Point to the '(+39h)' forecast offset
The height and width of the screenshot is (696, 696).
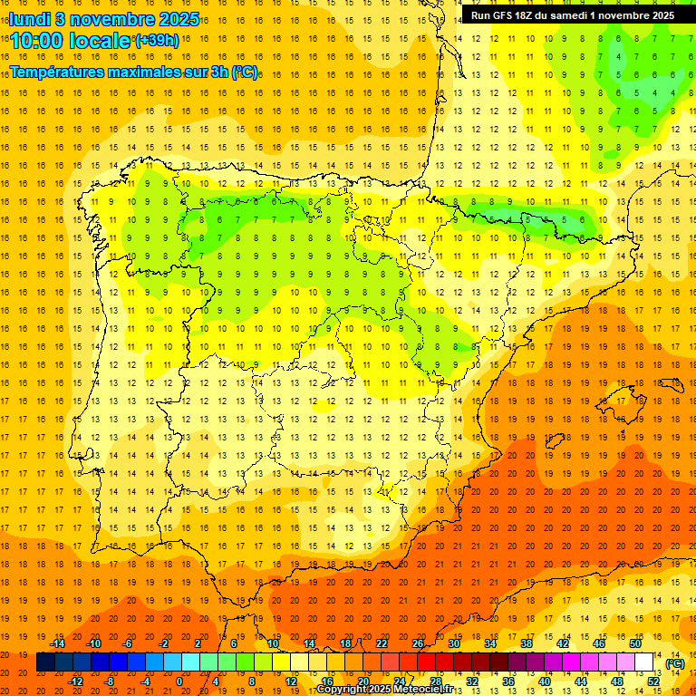[x=157, y=40]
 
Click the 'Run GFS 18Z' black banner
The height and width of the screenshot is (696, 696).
[x=572, y=15]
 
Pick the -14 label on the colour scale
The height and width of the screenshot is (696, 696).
[x=58, y=643]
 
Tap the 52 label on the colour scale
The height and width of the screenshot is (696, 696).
[x=653, y=681]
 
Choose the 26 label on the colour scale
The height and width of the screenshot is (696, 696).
[x=418, y=643]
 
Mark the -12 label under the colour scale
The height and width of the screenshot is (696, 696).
[x=76, y=681]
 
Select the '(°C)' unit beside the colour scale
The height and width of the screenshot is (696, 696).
[x=675, y=663]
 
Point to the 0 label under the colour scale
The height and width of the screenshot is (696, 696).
[x=179, y=681]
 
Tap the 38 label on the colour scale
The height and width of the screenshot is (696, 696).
[x=527, y=643]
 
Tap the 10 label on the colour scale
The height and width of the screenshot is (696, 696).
[x=273, y=643]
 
